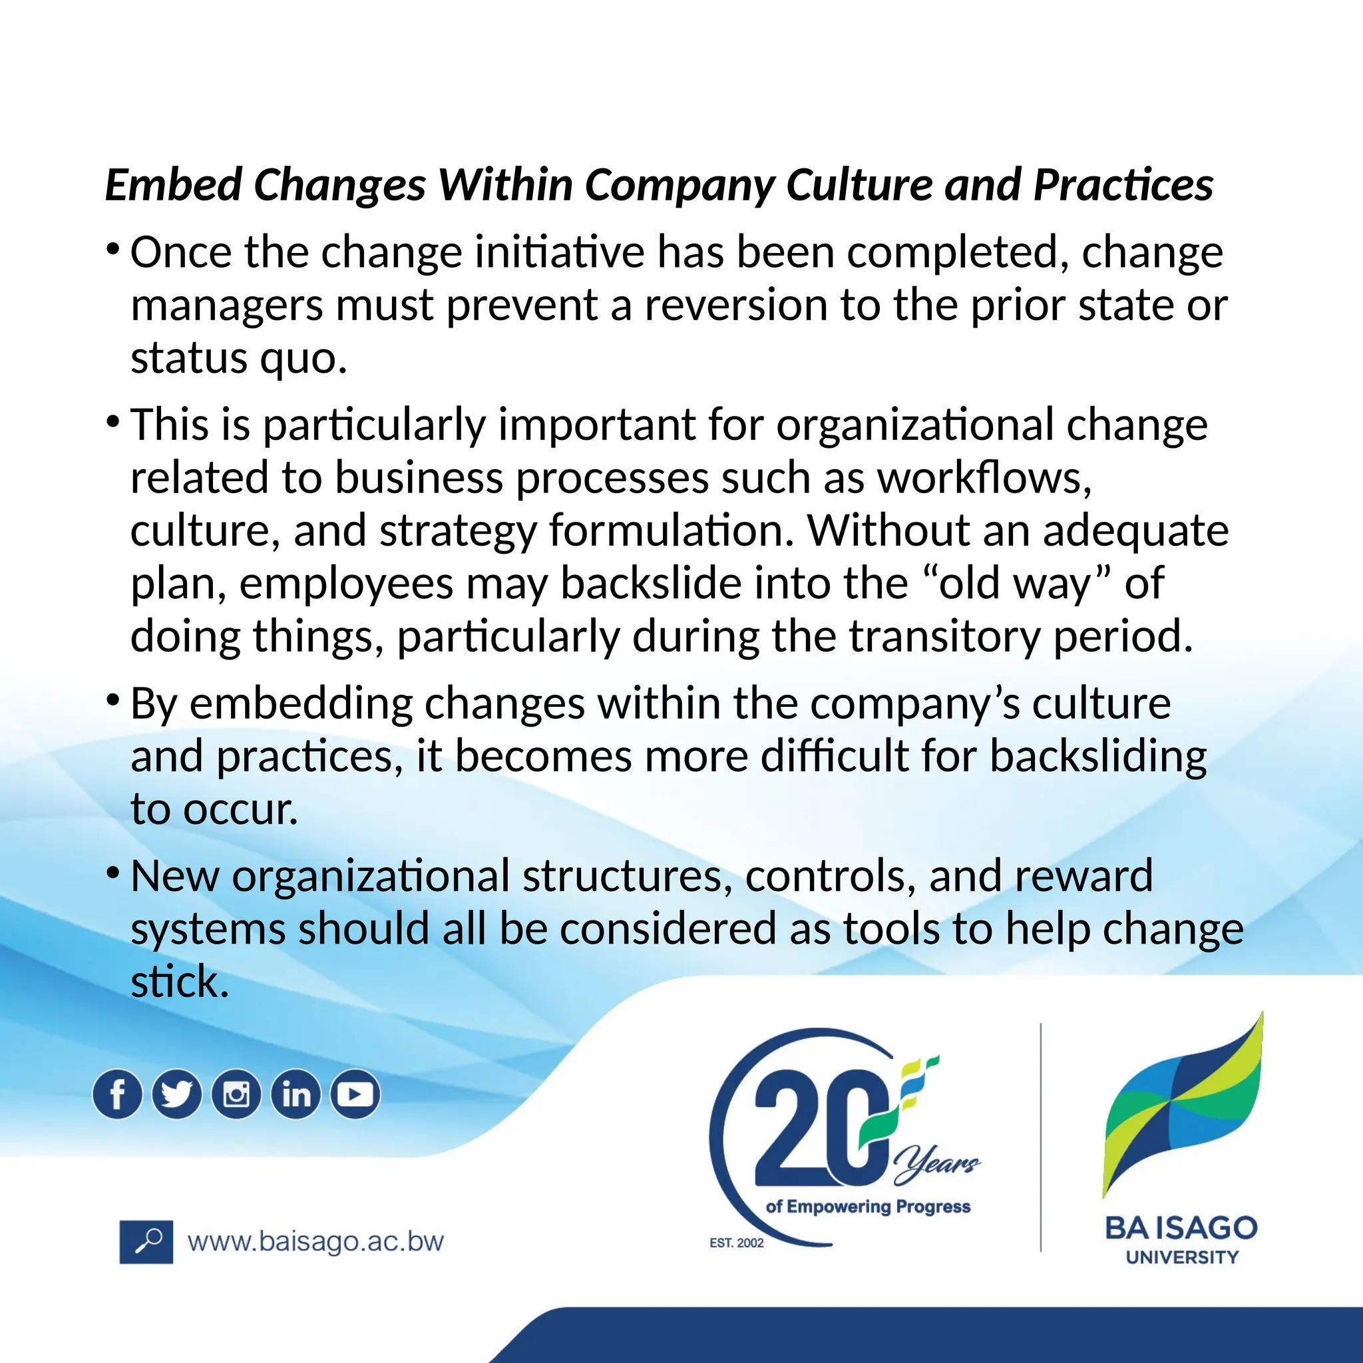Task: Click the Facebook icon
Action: [117, 1094]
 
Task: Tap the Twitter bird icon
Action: [176, 1094]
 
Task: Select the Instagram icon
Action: [236, 1094]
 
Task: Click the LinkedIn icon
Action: [296, 1094]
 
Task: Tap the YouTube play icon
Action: [355, 1094]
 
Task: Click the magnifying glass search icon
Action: [146, 1242]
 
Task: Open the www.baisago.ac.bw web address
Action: [315, 1242]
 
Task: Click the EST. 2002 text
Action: [737, 1243]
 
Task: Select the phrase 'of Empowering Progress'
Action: [868, 1207]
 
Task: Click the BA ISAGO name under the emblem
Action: [1181, 1229]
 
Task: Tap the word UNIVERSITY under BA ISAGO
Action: [1183, 1257]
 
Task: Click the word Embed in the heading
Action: [174, 186]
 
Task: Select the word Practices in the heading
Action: [1123, 186]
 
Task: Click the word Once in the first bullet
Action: [180, 252]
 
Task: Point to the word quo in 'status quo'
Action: [303, 359]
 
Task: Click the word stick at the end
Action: [179, 982]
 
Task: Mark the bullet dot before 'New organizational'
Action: [113, 873]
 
